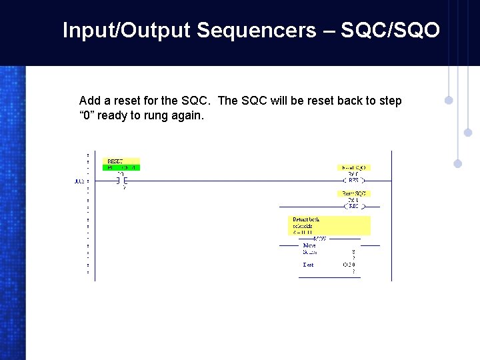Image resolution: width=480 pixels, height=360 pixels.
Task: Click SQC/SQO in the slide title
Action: pyautogui.click(x=390, y=30)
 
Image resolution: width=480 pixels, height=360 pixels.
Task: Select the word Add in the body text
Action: pyautogui.click(x=90, y=101)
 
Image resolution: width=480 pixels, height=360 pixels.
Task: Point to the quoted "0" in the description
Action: pyautogui.click(x=90, y=115)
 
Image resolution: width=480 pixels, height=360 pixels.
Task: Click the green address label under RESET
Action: pyautogui.click(x=123, y=167)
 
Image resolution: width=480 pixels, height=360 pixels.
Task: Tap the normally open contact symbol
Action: pyautogui.click(x=121, y=181)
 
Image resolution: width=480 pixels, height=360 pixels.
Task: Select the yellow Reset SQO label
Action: pyautogui.click(x=355, y=167)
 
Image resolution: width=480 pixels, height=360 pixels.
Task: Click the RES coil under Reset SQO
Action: pyautogui.click(x=353, y=180)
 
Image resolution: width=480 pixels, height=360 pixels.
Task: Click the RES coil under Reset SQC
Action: pyautogui.click(x=353, y=206)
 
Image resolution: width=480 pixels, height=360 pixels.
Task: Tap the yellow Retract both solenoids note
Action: pyautogui.click(x=330, y=225)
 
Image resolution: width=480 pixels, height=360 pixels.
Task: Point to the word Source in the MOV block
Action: pyautogui.click(x=310, y=252)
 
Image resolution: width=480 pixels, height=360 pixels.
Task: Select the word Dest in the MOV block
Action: pyautogui.click(x=308, y=265)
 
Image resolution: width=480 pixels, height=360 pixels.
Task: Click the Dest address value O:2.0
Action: pyautogui.click(x=349, y=265)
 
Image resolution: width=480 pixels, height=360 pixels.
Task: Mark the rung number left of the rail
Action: pyautogui.click(x=79, y=181)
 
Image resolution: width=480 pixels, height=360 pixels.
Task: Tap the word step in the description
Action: pyautogui.click(x=391, y=101)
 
